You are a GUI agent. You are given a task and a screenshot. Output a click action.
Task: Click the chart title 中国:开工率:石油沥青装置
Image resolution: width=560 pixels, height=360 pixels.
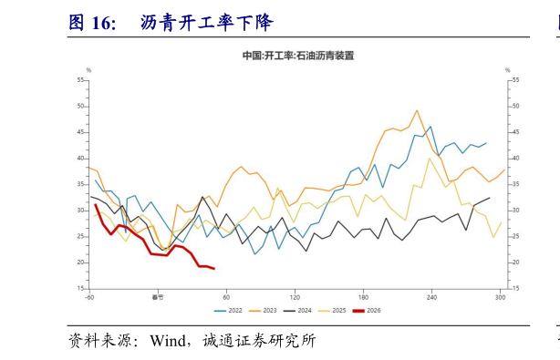tap(297, 56)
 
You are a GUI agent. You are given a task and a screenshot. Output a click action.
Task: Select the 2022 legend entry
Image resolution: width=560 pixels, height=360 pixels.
tap(232, 310)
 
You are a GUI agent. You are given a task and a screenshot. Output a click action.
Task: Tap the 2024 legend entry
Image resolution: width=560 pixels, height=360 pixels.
tap(304, 310)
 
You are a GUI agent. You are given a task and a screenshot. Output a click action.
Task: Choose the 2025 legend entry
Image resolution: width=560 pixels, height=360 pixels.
tap(339, 310)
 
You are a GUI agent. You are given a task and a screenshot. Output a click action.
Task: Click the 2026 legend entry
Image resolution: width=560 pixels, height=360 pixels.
tap(374, 310)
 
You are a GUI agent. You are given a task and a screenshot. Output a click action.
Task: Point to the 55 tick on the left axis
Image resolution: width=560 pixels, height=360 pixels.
tap(80, 80)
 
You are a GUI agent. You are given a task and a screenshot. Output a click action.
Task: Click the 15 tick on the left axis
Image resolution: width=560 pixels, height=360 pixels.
tap(80, 289)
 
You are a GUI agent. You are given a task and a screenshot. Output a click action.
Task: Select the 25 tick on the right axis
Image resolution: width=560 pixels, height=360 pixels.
tap(515, 237)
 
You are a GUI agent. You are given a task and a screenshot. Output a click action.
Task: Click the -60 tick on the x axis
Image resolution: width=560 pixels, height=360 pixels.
tap(89, 297)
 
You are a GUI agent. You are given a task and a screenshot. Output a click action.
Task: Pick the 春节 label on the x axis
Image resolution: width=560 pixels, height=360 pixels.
tap(157, 297)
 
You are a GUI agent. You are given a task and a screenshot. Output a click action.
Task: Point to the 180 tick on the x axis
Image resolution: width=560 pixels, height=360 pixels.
tap(363, 297)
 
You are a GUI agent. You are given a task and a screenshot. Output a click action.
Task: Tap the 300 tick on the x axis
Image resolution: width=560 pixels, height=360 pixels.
tap(500, 297)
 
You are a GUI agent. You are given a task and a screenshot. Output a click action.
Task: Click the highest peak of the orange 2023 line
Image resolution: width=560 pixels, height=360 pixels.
tap(417, 110)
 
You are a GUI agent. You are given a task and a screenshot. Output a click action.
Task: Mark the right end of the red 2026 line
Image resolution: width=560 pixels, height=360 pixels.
tap(213, 269)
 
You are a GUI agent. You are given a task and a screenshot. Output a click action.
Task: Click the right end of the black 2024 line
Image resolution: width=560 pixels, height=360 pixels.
tap(490, 198)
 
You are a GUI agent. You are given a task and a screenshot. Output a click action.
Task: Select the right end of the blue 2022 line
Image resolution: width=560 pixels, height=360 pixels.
tap(486, 143)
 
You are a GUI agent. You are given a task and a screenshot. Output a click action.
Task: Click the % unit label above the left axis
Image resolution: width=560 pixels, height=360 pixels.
tap(88, 70)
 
